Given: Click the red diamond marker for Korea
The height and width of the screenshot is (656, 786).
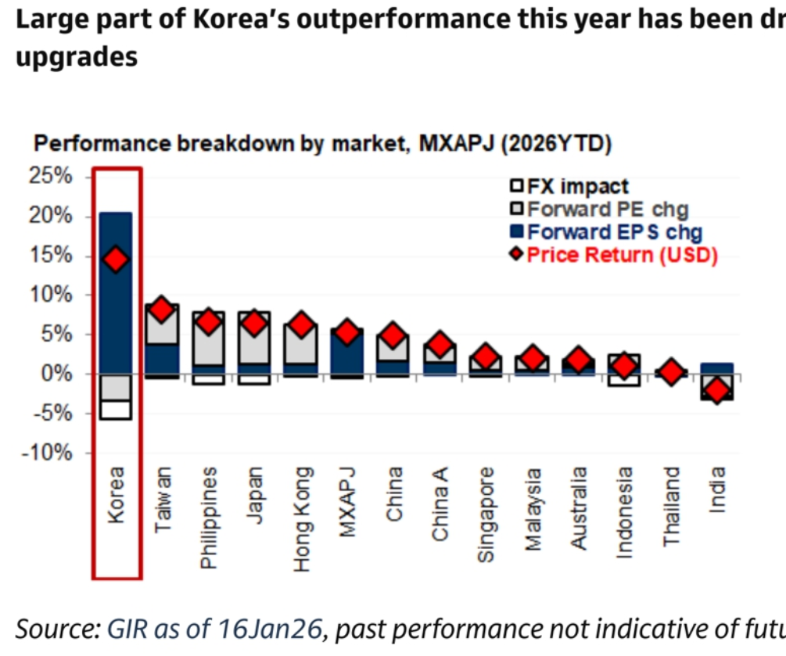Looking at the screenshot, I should click(x=116, y=260).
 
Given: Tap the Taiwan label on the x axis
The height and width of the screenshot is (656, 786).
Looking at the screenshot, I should click(x=163, y=501).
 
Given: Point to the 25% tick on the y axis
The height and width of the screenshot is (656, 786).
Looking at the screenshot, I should click(x=51, y=176).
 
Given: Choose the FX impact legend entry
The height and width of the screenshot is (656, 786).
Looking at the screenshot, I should click(x=569, y=187).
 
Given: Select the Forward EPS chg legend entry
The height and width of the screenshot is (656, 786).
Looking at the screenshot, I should click(x=605, y=232).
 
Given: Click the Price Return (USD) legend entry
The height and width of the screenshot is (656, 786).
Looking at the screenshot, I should click(x=613, y=255).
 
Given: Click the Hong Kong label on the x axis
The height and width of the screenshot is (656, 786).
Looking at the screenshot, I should click(x=303, y=519).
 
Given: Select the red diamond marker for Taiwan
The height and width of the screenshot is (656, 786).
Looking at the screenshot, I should click(x=162, y=310).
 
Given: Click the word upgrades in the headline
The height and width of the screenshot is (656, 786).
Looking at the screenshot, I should click(x=77, y=56).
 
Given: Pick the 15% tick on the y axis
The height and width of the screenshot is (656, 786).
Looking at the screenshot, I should click(x=51, y=255).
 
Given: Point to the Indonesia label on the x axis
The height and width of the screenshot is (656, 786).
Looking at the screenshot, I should click(x=624, y=512).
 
